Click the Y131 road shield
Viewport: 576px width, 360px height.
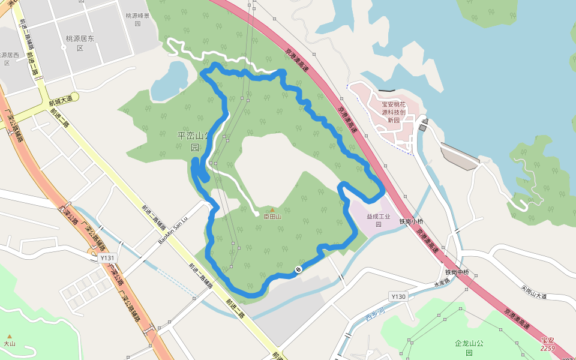(x=107, y=258)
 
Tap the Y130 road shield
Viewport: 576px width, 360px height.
(x=398, y=296)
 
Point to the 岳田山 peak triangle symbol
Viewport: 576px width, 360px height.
(x=271, y=209)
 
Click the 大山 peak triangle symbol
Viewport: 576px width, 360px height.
(x=9, y=336)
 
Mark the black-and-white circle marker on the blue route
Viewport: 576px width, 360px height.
(x=298, y=270)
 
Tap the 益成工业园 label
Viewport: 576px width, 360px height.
(x=379, y=220)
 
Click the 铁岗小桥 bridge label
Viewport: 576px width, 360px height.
(x=413, y=221)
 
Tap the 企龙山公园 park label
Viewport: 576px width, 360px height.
(x=469, y=347)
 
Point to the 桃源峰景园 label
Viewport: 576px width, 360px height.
(x=137, y=20)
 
